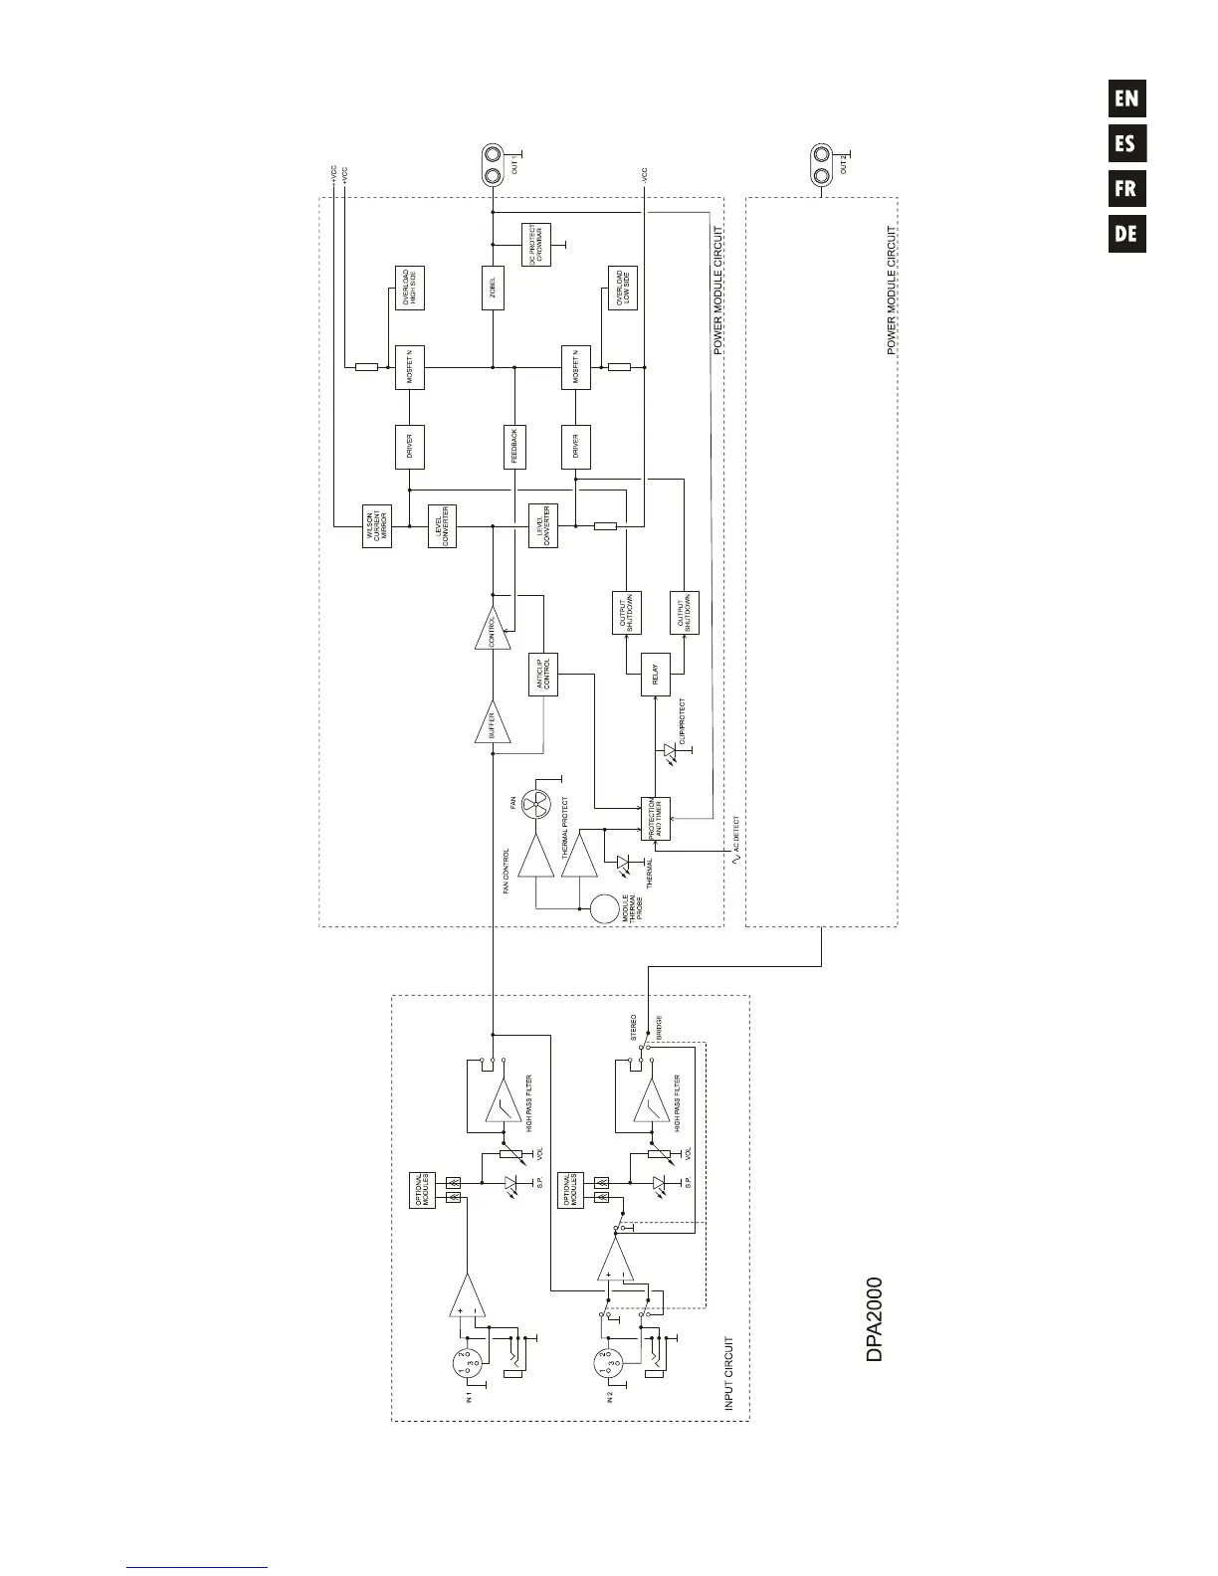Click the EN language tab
coord(1126,98)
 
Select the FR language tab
coord(1126,189)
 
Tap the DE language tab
coord(1126,235)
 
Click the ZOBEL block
coord(494,289)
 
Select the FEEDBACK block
coord(513,447)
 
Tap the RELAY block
coord(655,675)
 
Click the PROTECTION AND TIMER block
coord(657,818)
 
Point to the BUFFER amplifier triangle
coord(493,725)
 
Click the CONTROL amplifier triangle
coord(493,631)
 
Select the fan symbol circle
coord(537,805)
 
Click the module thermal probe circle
coord(605,908)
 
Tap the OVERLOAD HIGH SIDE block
coord(409,289)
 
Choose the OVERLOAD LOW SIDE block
coord(623,289)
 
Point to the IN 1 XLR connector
coord(469,1363)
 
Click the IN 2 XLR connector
coord(609,1363)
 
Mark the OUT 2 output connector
coord(822,165)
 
